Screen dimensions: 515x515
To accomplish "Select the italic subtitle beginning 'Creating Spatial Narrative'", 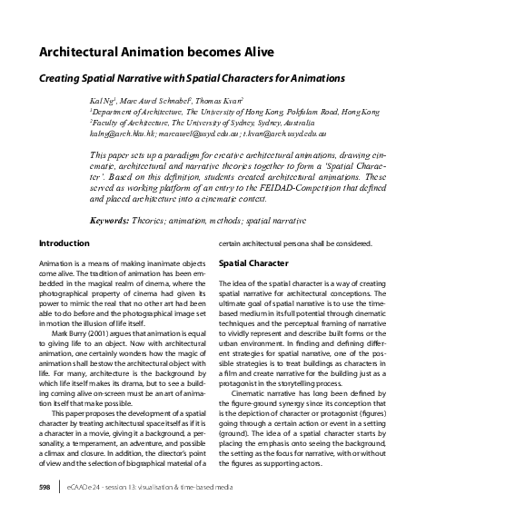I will [192, 78].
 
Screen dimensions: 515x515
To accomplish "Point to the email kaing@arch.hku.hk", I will [118, 133].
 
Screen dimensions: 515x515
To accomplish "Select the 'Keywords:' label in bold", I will [114, 221].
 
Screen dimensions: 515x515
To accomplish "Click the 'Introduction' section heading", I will [64, 243].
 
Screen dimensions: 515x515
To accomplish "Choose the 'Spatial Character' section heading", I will [253, 263].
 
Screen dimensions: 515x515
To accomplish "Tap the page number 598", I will [45, 488].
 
